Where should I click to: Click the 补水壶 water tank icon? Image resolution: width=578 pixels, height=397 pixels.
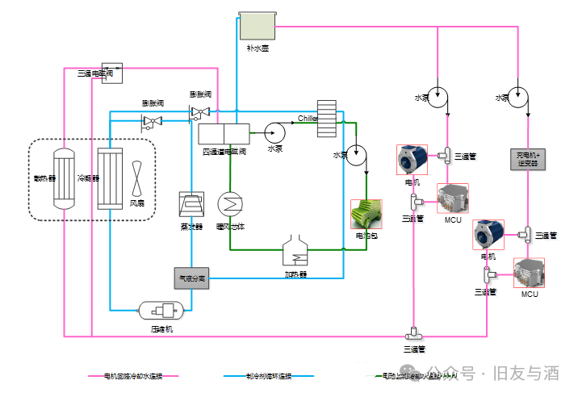259,27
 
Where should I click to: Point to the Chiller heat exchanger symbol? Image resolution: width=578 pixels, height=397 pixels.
326,118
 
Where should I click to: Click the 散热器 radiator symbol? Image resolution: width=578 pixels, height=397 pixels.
62,178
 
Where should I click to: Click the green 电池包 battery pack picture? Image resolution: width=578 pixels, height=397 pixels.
365,214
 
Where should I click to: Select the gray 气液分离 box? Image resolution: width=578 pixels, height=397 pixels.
191,278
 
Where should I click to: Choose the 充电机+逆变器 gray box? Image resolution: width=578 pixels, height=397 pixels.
528,159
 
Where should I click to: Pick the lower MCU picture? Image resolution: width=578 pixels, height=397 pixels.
529,274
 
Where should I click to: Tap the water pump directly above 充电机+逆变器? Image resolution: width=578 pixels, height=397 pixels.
517,96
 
